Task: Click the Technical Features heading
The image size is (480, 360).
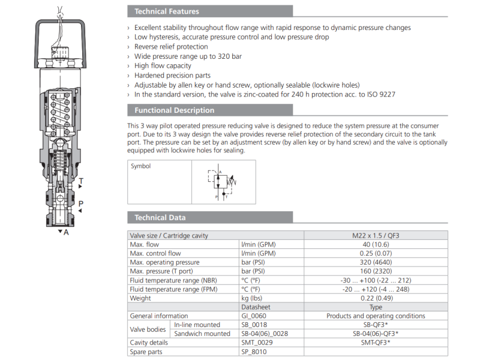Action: [x=167, y=11]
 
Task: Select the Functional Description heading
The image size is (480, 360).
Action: [x=174, y=110]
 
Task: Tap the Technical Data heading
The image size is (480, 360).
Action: [x=160, y=218]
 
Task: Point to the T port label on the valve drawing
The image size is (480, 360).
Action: [x=81, y=181]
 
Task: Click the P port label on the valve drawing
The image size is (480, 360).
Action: [x=81, y=204]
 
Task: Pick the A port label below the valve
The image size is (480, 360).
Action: [x=66, y=232]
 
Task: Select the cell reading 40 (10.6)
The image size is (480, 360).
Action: [x=376, y=244]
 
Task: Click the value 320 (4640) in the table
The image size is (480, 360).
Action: [x=376, y=262]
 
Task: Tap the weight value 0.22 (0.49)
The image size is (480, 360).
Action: [x=376, y=298]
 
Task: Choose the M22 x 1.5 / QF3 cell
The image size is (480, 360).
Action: [x=376, y=235]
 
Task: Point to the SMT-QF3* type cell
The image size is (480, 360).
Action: [x=376, y=343]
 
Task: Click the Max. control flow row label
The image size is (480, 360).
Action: [x=155, y=253]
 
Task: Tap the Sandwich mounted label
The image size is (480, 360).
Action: [x=202, y=334]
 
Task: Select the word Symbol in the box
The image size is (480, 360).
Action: [x=141, y=166]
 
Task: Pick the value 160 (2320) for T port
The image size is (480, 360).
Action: [x=376, y=271]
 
